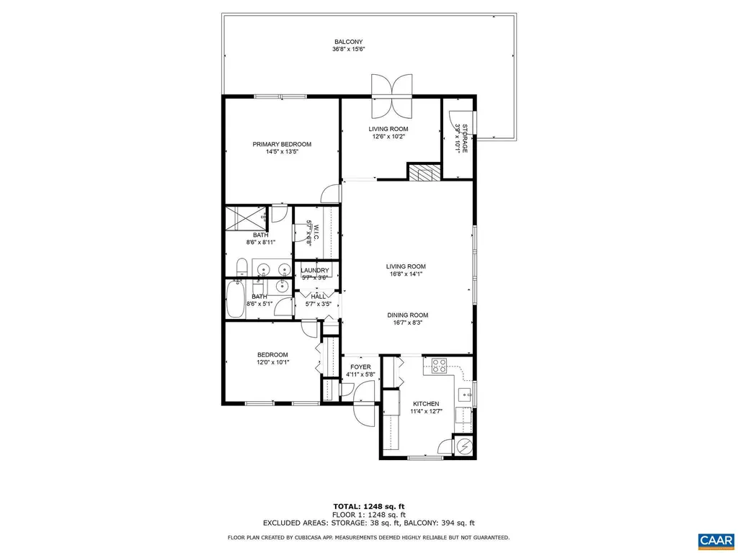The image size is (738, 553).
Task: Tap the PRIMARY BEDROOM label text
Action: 282,144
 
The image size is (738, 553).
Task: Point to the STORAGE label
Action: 465,138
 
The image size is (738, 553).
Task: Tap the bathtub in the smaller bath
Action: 236,301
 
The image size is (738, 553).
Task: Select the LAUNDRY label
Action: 315,271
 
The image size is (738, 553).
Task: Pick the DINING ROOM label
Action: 408,315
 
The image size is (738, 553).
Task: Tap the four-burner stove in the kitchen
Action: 439,366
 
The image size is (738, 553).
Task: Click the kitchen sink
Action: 465,394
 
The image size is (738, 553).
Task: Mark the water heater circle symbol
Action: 464,446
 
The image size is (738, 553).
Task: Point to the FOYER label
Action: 360,367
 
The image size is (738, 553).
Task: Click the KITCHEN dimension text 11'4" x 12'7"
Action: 426,412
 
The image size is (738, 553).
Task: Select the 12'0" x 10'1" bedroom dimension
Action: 273,362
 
